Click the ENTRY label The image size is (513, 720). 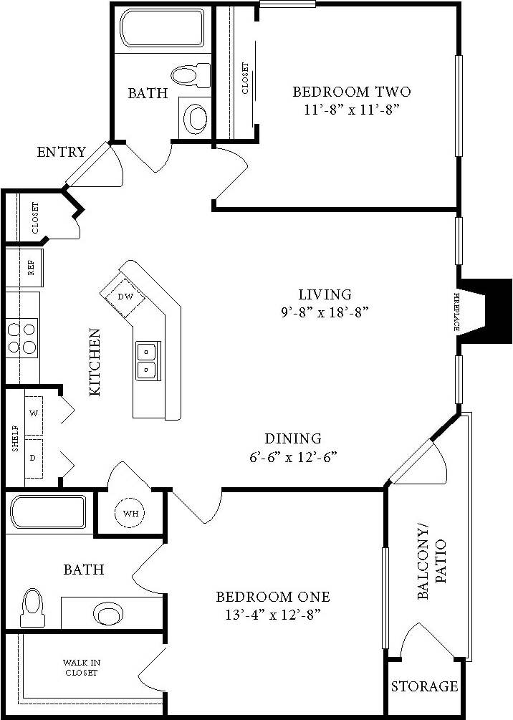click(x=61, y=152)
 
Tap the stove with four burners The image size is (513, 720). click(x=21, y=338)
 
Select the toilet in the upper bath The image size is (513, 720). click(x=189, y=74)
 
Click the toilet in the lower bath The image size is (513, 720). click(x=32, y=608)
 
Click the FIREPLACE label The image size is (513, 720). click(x=456, y=311)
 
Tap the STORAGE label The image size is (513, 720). click(x=424, y=686)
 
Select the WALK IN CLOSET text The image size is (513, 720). click(x=80, y=668)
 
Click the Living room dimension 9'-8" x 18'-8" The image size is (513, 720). click(x=325, y=312)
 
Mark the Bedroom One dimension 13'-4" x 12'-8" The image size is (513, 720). click(x=273, y=614)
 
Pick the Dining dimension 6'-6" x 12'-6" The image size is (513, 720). click(x=292, y=456)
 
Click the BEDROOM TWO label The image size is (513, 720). click(x=351, y=92)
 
